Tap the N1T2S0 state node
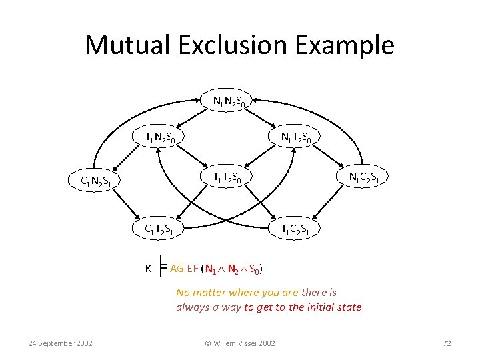[x=300, y=138]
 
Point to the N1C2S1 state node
[x=368, y=177]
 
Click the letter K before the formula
[x=148, y=268]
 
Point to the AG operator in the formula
[x=177, y=269]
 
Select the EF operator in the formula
[x=193, y=269]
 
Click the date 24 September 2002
[x=61, y=343]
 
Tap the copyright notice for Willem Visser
[x=239, y=343]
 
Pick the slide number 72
[x=447, y=343]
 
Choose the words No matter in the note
[x=199, y=292]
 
